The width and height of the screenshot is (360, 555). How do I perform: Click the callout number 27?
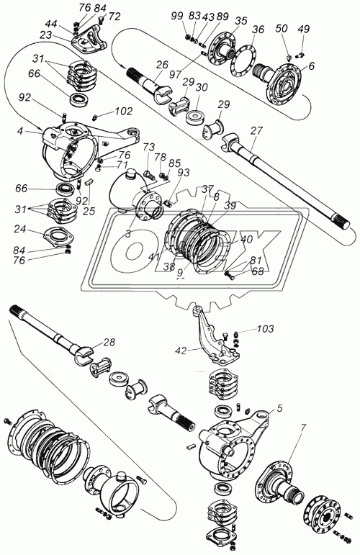click(x=257, y=131)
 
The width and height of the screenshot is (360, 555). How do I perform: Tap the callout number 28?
click(x=109, y=342)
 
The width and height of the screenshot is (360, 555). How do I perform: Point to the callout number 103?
click(x=265, y=329)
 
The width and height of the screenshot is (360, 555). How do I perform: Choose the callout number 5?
click(x=279, y=409)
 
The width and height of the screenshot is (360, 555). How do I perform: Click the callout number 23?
click(x=46, y=35)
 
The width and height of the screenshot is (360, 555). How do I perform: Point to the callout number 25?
click(x=89, y=211)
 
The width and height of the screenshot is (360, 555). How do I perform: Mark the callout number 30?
click(x=202, y=87)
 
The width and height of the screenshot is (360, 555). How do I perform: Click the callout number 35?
click(x=240, y=21)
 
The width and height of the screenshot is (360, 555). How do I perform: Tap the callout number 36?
click(x=258, y=30)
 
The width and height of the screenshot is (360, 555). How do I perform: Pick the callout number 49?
click(x=303, y=29)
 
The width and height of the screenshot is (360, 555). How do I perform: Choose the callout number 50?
click(x=282, y=29)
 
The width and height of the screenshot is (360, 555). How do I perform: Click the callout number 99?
click(x=178, y=16)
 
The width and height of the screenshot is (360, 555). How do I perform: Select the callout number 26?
click(x=162, y=65)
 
